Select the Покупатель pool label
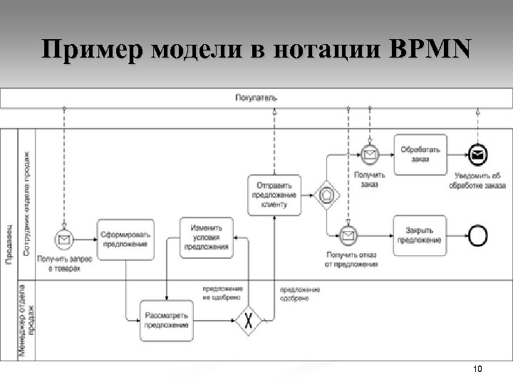(256, 97)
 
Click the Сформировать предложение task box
(125, 239)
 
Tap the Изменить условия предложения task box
(206, 238)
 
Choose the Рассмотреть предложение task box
(166, 320)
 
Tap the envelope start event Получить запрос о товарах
(65, 240)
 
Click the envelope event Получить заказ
(370, 154)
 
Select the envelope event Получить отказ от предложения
(348, 235)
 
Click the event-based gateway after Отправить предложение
(328, 194)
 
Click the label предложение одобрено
(299, 294)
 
